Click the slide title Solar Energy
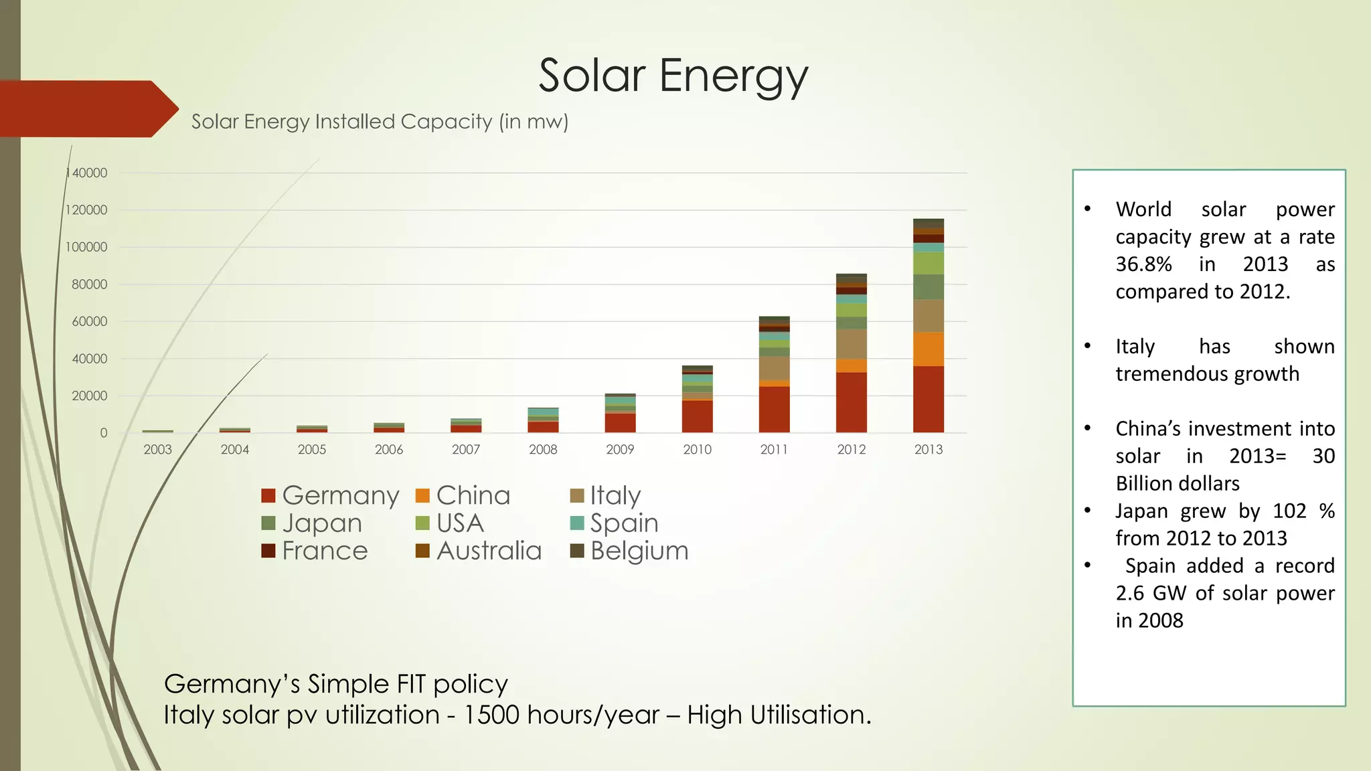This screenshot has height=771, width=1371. [x=673, y=76]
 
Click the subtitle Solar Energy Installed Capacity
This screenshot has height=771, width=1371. [x=380, y=122]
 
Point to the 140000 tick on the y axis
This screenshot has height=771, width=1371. [x=88, y=173]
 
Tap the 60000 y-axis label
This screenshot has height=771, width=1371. [x=90, y=322]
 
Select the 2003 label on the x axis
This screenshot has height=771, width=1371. [x=158, y=450]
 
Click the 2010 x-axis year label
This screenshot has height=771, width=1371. [x=697, y=450]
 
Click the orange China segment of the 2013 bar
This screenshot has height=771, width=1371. [x=929, y=349]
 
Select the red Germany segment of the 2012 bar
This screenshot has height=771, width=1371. [x=852, y=403]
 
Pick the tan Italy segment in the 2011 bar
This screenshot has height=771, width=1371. [x=775, y=368]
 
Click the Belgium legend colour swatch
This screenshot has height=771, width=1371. [x=577, y=551]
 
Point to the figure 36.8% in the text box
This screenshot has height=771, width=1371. [x=1143, y=264]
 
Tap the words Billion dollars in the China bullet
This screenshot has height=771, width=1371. [x=1178, y=484]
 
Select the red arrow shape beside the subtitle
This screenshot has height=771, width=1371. [x=87, y=109]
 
